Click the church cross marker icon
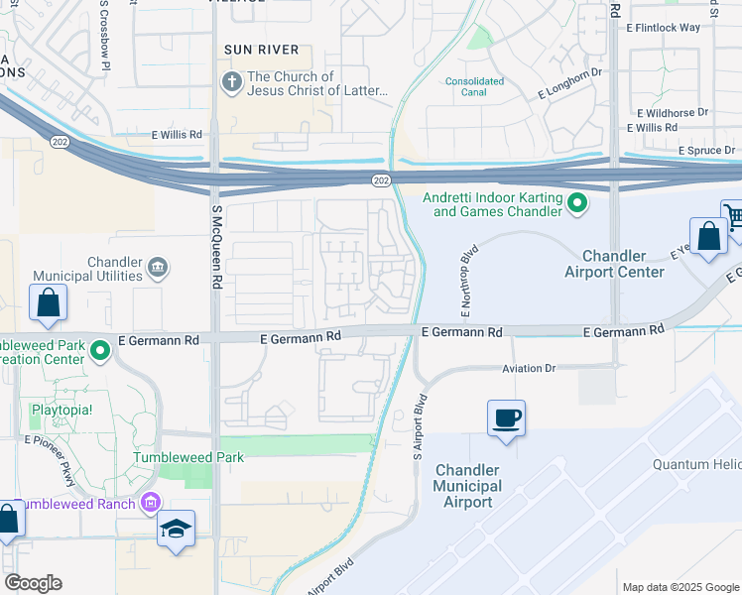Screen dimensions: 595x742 click(232, 82)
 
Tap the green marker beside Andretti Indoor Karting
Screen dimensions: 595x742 click(576, 205)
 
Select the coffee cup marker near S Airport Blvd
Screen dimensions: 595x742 click(507, 417)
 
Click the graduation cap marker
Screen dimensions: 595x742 click(176, 529)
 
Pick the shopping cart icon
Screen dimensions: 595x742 click(733, 215)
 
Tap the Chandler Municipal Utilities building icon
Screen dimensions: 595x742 click(158, 268)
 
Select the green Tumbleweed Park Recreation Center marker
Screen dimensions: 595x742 click(99, 350)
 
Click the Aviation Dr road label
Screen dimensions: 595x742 click(529, 368)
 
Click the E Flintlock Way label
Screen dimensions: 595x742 click(663, 28)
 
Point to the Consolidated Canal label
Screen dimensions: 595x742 click(474, 87)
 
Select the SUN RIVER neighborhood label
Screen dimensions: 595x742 click(261, 49)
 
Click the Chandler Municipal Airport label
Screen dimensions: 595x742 click(467, 486)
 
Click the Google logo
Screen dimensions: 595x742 click(33, 583)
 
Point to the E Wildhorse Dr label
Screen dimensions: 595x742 click(673, 113)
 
